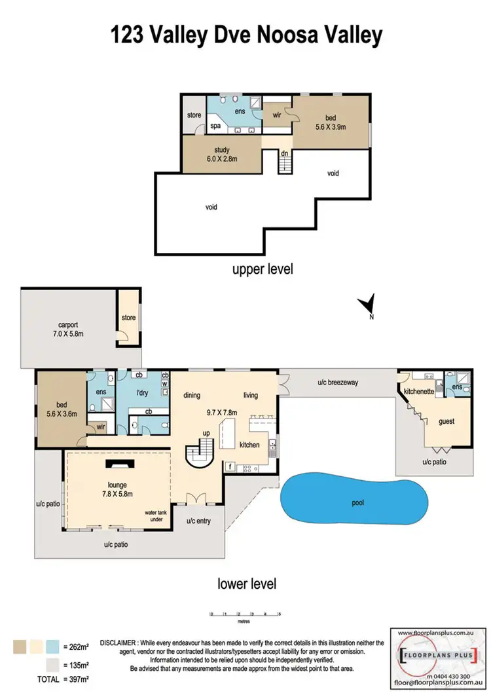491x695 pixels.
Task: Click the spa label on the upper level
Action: pos(215,127)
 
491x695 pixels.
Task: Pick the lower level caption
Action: pos(247,583)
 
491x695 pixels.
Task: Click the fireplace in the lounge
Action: pos(118,464)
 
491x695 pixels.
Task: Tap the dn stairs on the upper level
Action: pos(285,161)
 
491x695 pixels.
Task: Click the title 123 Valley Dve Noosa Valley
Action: pos(246,35)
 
